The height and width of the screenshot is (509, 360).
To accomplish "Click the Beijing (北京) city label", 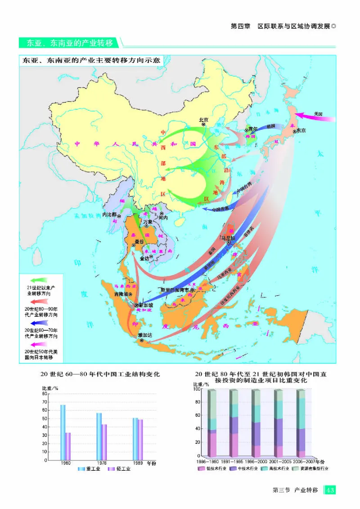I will (x=204, y=120).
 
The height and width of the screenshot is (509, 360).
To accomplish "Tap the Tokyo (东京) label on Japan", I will (x=300, y=131).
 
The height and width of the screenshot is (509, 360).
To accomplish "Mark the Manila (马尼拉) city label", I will (x=228, y=237).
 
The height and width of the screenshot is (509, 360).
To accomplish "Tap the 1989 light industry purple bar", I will (x=140, y=440).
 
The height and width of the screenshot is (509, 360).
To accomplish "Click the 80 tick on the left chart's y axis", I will (x=44, y=394).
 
